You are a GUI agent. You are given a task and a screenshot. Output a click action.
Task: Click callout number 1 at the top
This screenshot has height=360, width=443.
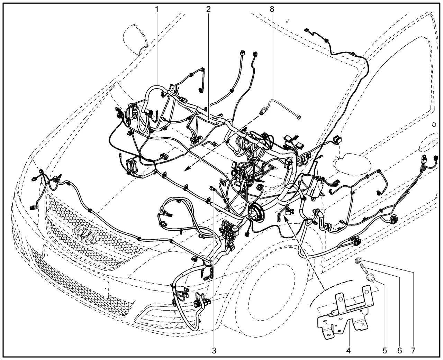click(x=157, y=9)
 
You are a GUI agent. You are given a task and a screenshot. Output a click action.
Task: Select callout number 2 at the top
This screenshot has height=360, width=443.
click(x=208, y=9)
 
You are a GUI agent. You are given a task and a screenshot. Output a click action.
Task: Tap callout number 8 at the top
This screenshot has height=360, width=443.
click(x=272, y=9)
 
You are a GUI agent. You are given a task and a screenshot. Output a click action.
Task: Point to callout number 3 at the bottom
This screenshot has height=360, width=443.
click(x=214, y=351)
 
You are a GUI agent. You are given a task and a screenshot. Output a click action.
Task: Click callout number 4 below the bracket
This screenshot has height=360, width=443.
click(x=349, y=351)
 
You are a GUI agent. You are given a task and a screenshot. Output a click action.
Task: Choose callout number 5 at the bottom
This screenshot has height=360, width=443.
click(x=385, y=351)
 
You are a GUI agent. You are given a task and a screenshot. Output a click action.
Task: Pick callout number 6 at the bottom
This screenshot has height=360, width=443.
click(x=399, y=351)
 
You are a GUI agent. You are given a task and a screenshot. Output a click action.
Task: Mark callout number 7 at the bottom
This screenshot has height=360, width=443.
click(x=413, y=351)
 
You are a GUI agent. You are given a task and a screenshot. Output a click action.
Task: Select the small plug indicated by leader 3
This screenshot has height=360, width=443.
click(x=213, y=189)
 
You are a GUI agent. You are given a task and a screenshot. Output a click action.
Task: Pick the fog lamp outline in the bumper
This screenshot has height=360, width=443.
click(x=159, y=317)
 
